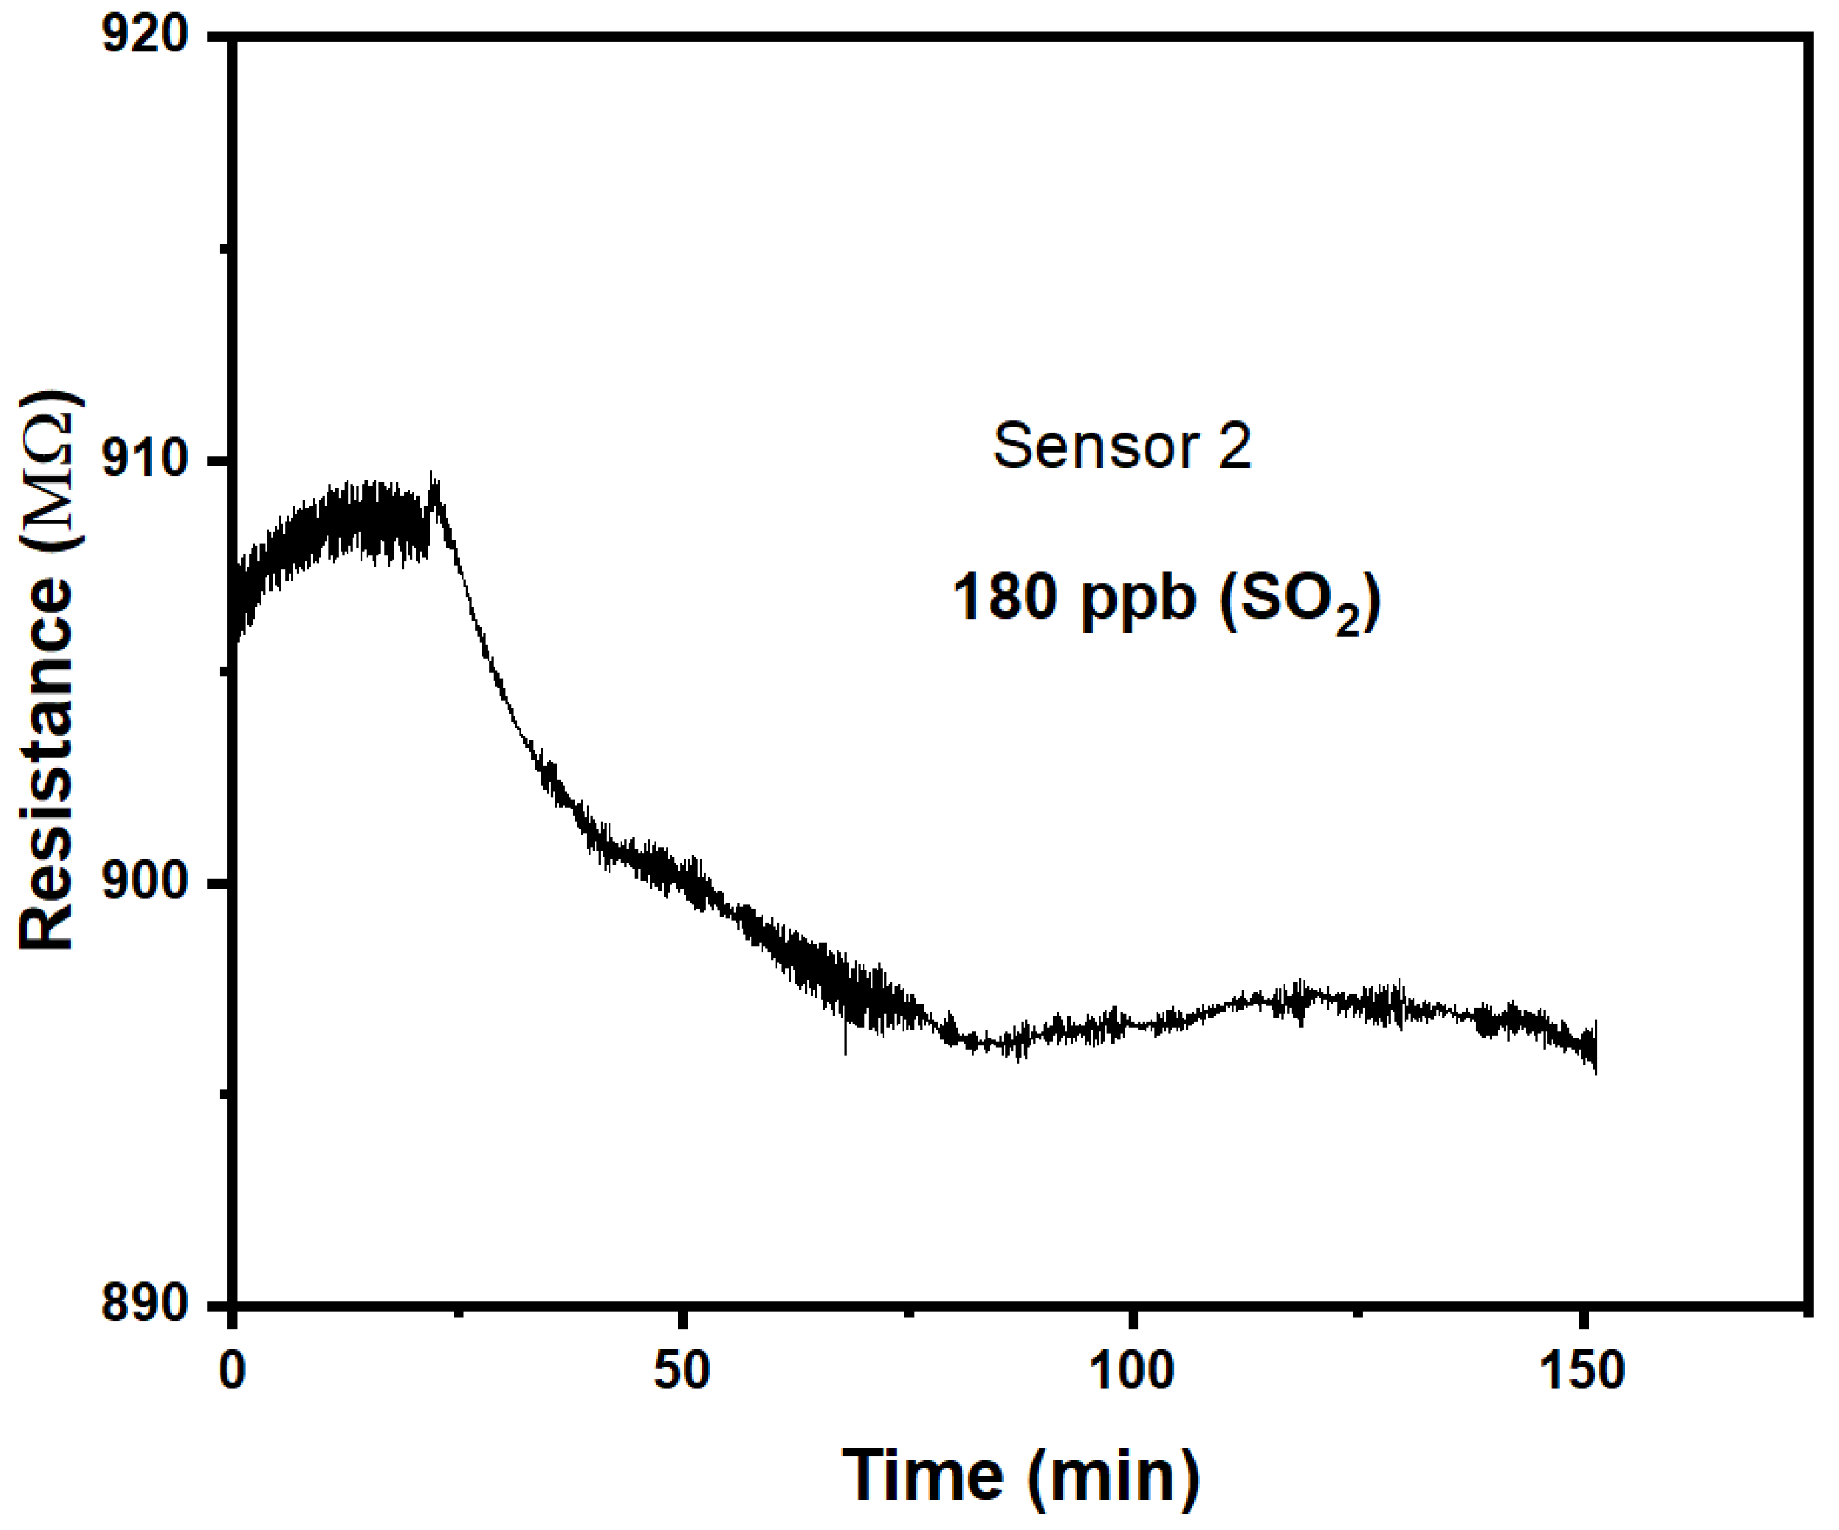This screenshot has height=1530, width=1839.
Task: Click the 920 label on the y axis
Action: (145, 37)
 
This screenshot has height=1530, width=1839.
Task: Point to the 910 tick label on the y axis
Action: (145, 460)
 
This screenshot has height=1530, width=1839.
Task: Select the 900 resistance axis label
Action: (145, 882)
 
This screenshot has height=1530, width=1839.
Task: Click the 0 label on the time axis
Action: (232, 1371)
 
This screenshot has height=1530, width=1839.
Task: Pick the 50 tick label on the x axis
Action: (681, 1371)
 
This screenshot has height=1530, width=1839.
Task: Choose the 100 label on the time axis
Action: (1131, 1371)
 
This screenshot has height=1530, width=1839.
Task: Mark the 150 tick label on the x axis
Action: (1581, 1371)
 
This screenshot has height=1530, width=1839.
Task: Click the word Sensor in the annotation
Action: (1095, 446)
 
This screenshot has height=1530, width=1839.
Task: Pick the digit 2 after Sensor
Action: (1235, 446)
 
